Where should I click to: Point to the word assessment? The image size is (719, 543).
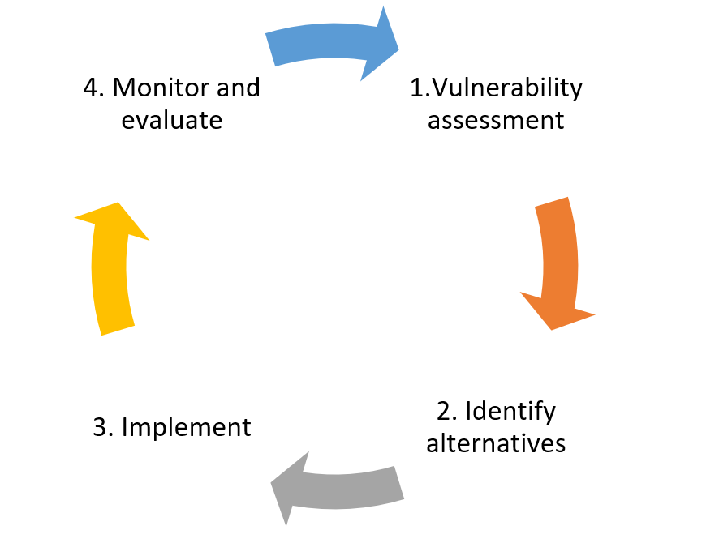[x=495, y=120]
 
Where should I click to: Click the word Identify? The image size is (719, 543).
[x=510, y=411]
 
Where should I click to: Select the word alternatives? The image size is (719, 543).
[x=496, y=443]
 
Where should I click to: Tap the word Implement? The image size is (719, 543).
[x=187, y=427]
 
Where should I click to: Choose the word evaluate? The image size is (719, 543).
[x=171, y=120]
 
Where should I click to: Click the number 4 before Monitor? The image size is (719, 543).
[x=91, y=88]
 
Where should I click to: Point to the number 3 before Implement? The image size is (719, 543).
[x=101, y=427]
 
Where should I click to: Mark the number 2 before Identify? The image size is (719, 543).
[x=444, y=411]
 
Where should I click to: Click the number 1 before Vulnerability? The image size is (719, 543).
[x=415, y=88]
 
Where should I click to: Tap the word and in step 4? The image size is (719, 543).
[x=238, y=88]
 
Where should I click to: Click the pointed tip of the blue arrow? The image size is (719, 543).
[x=398, y=50]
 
